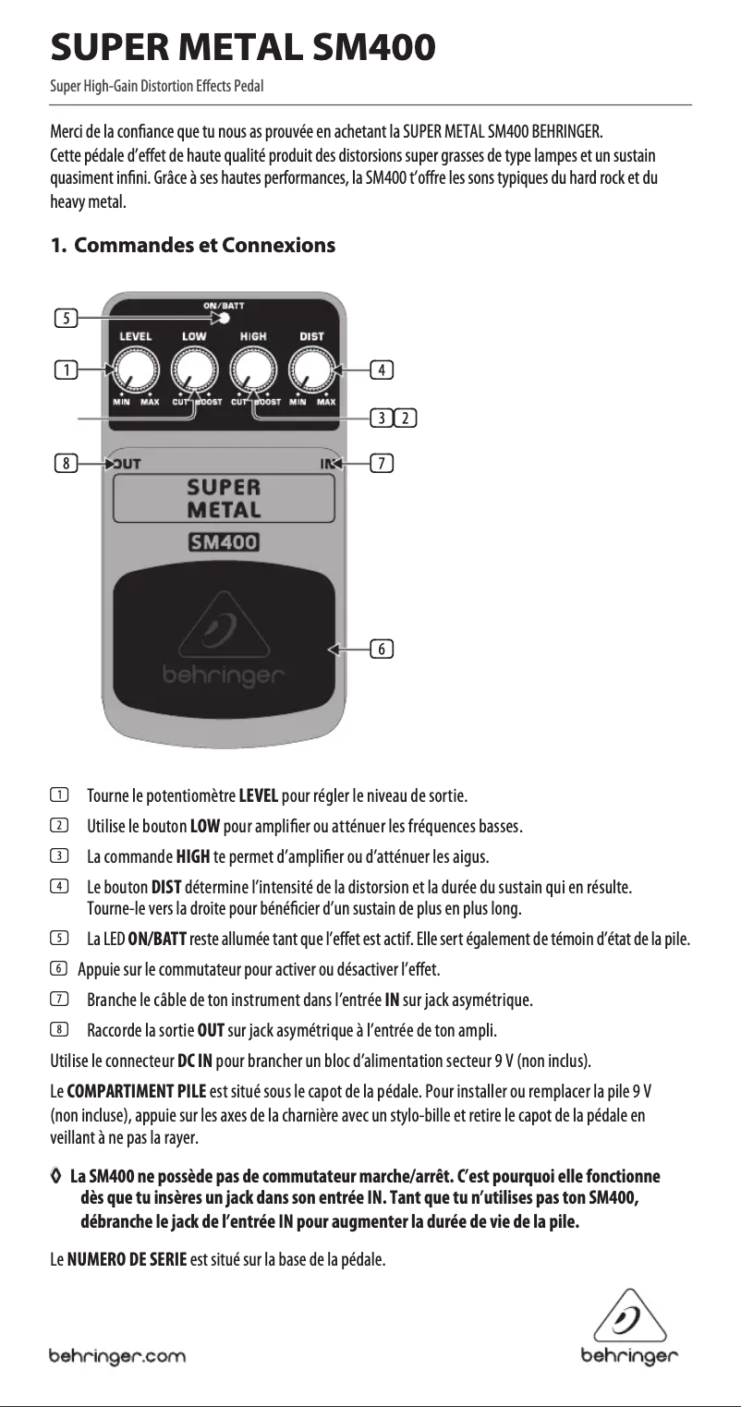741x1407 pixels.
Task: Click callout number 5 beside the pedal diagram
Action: pos(66,319)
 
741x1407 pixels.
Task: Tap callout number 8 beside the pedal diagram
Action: pos(66,464)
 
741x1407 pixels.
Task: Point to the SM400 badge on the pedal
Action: pos(224,542)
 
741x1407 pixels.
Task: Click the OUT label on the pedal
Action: pos(127,464)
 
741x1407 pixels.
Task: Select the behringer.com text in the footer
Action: pos(117,1357)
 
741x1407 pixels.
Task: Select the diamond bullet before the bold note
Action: pos(57,1176)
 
